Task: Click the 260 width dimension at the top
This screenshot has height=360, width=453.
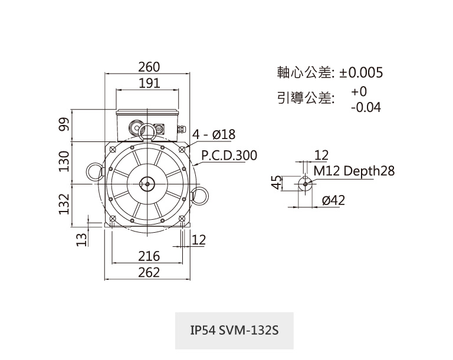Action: [149, 67]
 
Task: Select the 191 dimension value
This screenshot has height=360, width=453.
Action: [149, 84]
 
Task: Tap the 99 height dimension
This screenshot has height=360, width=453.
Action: [64, 124]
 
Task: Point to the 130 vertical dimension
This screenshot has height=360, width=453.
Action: [64, 161]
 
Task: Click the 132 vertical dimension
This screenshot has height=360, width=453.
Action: [64, 204]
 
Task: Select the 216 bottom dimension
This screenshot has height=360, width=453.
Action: [149, 256]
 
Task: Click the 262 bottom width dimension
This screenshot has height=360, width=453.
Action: [149, 273]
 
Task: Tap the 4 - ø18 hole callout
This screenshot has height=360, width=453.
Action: [214, 134]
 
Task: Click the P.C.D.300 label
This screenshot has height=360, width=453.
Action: [229, 156]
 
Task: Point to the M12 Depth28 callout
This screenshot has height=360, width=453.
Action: [354, 171]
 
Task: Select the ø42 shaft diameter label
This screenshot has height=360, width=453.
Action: [334, 200]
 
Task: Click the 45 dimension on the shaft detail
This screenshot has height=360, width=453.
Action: [277, 183]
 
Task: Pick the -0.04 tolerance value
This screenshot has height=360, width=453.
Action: [366, 108]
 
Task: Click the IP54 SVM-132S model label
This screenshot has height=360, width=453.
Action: [234, 330]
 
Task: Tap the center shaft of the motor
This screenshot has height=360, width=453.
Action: [147, 184]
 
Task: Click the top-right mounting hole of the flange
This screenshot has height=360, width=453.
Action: [182, 149]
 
